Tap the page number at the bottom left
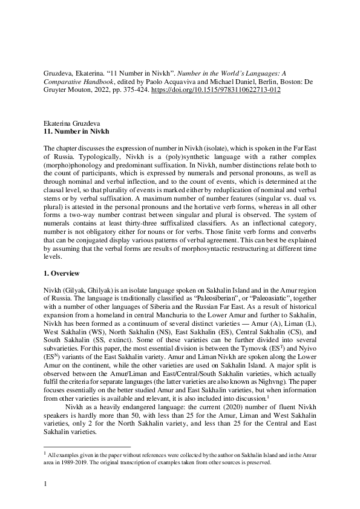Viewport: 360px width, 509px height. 46,484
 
